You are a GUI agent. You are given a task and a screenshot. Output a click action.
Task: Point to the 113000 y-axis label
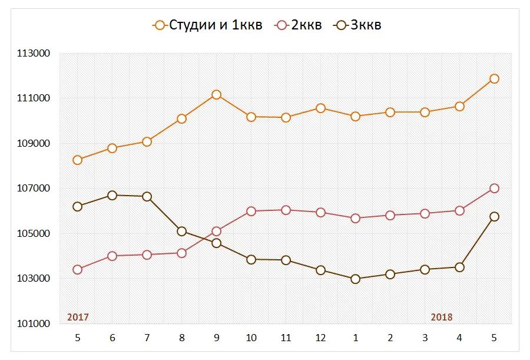coord(34,54)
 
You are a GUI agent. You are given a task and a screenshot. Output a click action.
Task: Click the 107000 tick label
coord(34,189)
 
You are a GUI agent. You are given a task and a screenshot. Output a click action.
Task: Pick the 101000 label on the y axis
coord(34,323)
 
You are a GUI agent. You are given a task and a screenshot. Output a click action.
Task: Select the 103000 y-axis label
coord(34,279)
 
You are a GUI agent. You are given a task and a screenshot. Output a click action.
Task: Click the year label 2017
coord(78,317)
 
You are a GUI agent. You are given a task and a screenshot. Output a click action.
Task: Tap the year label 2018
coord(442,317)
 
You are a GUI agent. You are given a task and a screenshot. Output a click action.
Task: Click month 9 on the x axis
coord(216,338)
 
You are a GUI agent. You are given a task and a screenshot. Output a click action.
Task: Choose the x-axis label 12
coord(320,338)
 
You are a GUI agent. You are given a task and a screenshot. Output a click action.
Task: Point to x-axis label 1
coord(355,338)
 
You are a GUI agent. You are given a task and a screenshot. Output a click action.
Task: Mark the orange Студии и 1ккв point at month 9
coord(216,94)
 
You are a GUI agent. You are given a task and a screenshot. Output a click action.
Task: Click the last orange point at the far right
coord(494,78)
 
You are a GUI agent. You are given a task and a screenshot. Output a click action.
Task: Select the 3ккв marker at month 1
coord(355,279)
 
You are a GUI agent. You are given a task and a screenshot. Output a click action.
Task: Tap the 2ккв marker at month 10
coord(251,211)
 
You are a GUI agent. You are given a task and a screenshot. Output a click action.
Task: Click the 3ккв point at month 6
coord(112,195)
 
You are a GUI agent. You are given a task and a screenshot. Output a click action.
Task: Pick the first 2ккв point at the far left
coord(77,269)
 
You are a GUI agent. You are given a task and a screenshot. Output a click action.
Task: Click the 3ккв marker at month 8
coord(181,231)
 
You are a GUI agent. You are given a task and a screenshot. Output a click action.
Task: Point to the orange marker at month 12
coord(320,108)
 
